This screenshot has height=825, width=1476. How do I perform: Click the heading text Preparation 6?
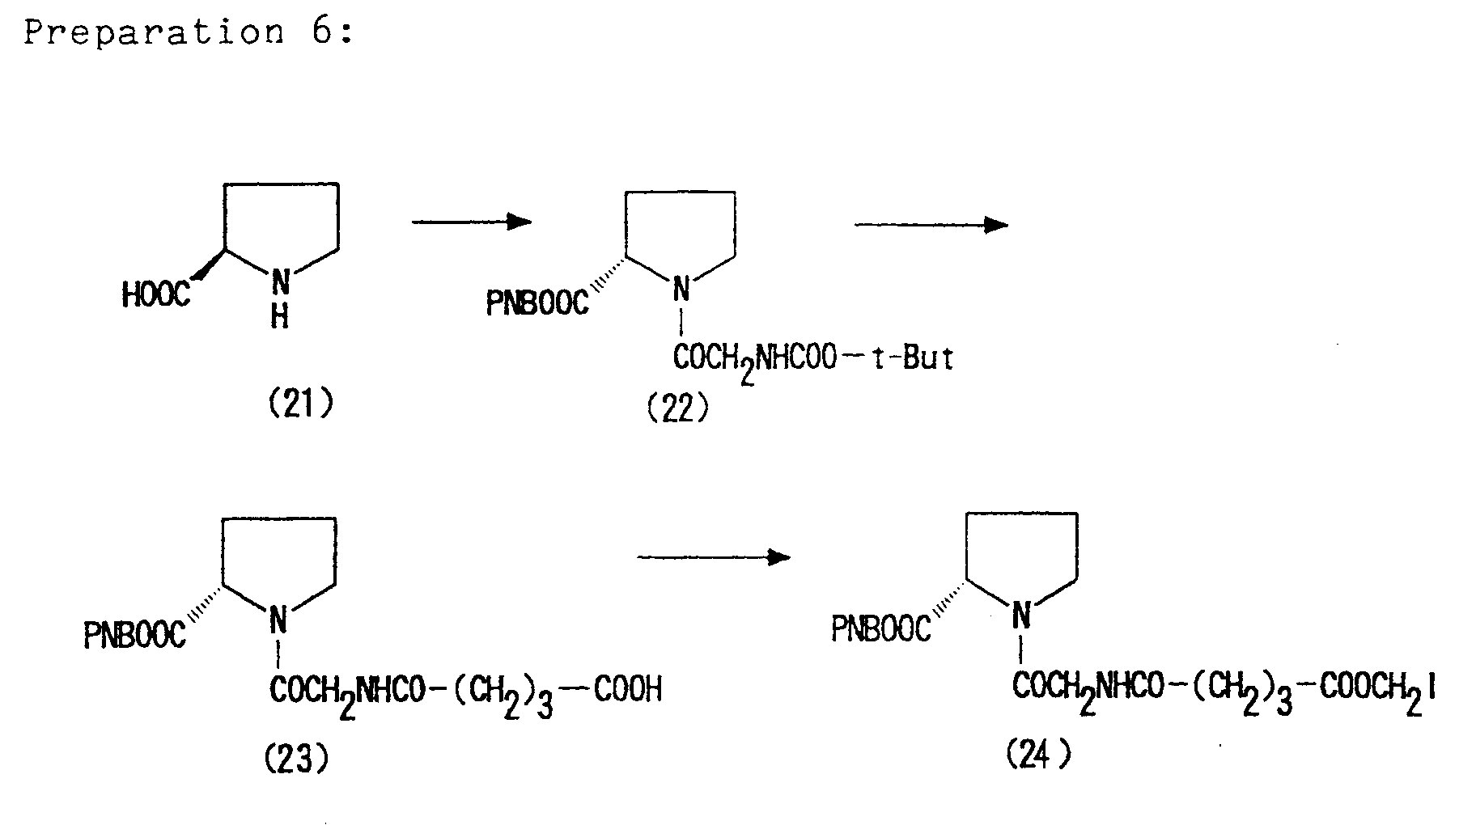(189, 32)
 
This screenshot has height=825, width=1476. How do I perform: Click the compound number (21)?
(300, 403)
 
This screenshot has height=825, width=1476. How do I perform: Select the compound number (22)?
(678, 409)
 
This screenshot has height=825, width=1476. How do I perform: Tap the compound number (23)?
(296, 757)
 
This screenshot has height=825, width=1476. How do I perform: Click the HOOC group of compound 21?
(156, 295)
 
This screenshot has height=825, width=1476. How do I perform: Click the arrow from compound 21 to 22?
(472, 222)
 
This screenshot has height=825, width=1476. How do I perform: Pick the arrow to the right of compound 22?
(931, 225)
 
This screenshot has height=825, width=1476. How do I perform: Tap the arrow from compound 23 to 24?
(713, 556)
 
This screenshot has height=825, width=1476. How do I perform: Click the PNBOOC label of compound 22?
(537, 303)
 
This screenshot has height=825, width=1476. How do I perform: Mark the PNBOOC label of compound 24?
(881, 629)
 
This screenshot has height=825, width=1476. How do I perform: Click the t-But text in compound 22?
(912, 357)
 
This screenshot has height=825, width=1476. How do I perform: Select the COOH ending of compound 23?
(628, 689)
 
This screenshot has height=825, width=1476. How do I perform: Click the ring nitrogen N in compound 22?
(682, 287)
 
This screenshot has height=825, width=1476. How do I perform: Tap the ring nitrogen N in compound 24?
(1021, 616)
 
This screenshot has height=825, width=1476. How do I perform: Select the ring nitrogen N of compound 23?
(278, 621)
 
